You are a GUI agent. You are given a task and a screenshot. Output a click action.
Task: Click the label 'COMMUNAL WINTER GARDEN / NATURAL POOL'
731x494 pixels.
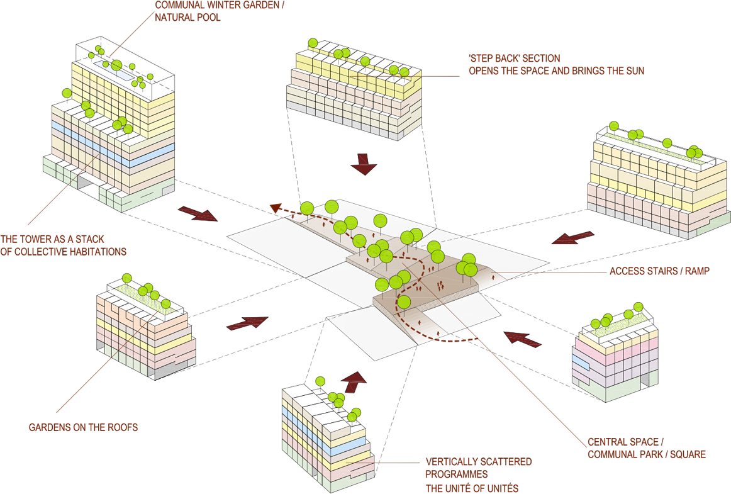[x=220, y=11]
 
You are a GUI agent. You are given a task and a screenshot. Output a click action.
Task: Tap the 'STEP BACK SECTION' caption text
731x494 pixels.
[x=515, y=58]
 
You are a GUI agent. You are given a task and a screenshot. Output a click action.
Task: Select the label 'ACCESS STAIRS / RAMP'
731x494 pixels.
[x=659, y=271]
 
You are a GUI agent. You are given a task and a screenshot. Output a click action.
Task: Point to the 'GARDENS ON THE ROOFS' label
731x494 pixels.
[x=83, y=427]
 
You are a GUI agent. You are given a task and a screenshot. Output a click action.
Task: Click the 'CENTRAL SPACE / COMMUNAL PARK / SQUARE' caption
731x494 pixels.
[x=646, y=447]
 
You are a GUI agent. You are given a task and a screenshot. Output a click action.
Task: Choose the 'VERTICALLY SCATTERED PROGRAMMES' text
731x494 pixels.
[x=478, y=468]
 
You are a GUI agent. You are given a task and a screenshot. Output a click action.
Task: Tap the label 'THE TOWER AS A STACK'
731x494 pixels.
[x=53, y=240]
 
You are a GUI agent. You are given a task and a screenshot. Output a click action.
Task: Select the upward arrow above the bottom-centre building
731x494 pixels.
[x=355, y=381]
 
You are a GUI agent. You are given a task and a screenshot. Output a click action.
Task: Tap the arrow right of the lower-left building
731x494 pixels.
[x=247, y=323]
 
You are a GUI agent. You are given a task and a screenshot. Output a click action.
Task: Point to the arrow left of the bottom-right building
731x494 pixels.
[x=523, y=339]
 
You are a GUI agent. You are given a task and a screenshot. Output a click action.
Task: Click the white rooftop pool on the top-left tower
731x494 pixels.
[x=114, y=70]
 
